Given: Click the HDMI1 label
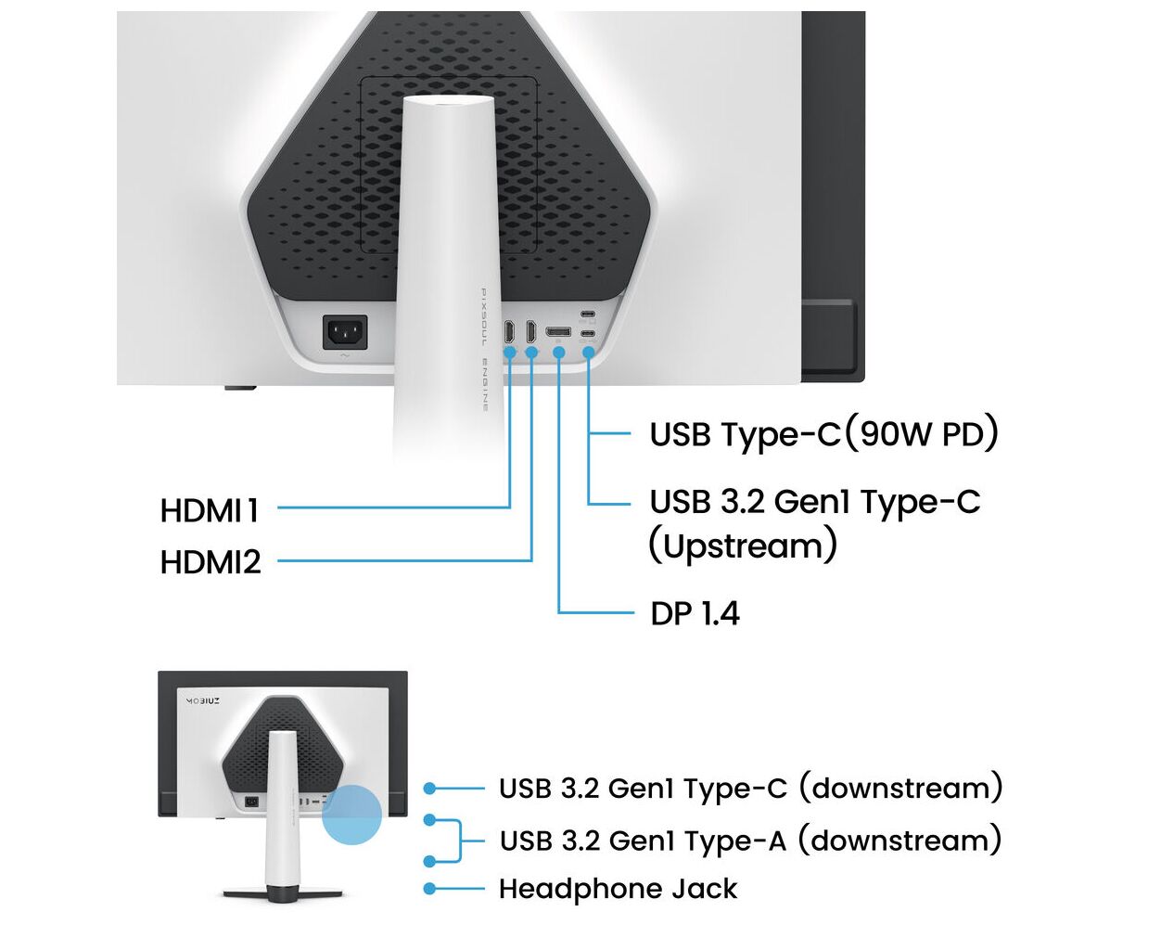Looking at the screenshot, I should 210,510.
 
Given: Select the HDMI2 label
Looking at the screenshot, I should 211,562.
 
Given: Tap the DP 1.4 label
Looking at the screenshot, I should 695,613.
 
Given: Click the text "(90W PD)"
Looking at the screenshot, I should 925,433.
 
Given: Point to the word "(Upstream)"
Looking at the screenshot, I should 743,546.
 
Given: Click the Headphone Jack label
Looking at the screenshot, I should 618,889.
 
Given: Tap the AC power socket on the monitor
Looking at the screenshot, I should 345,332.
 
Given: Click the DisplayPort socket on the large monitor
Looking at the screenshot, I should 558,332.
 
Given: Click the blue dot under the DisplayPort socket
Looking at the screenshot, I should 559,353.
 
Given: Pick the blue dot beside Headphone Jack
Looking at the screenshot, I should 429,889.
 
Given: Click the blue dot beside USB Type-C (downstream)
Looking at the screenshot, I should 429,789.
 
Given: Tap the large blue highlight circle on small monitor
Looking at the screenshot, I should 352,815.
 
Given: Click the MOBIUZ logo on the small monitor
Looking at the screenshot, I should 203,701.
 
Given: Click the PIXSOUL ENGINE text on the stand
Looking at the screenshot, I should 484,349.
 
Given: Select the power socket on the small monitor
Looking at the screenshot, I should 251,802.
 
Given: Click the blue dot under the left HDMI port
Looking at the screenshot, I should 509,353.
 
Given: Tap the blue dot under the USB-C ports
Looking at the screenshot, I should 588,353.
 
